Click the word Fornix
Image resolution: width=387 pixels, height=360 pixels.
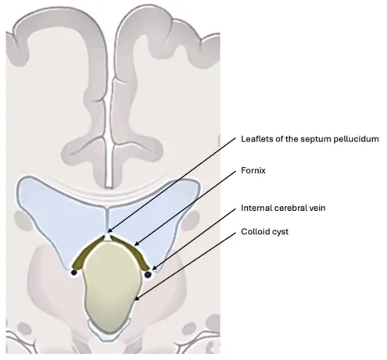click(x=253, y=170)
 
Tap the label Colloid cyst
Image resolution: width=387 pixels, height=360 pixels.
click(x=264, y=232)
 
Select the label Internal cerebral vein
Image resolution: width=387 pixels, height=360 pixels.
click(x=283, y=208)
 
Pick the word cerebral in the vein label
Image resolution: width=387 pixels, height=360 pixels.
click(x=293, y=208)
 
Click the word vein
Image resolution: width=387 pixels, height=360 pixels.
click(x=317, y=208)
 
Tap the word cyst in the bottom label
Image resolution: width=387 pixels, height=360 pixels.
click(x=280, y=232)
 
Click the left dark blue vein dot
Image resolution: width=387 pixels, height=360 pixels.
click(x=74, y=273)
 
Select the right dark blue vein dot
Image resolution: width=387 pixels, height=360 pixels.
click(x=148, y=274)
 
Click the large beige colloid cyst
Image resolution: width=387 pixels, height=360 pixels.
click(x=111, y=287)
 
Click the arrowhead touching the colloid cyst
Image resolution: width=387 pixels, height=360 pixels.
click(x=137, y=299)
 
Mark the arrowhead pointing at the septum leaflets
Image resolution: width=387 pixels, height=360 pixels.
click(x=110, y=230)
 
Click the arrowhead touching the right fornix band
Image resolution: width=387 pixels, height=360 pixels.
click(x=137, y=244)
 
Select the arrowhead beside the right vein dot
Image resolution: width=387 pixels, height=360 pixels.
click(x=155, y=267)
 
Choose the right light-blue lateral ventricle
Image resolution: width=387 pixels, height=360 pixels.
click(x=156, y=216)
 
